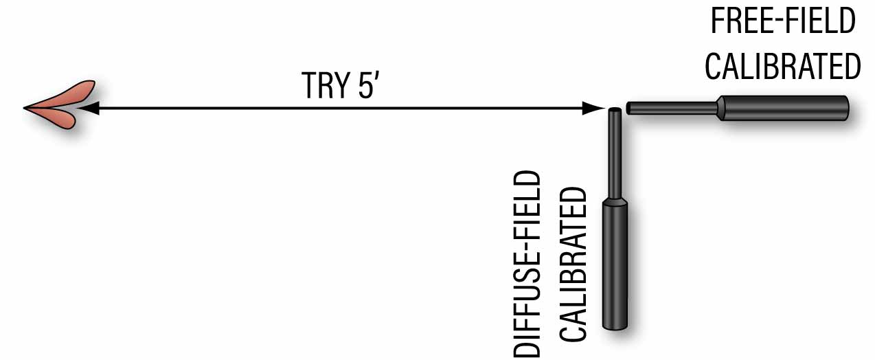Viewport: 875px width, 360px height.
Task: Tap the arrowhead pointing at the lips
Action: pyautogui.click(x=89, y=108)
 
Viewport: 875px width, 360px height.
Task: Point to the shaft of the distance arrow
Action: pyautogui.click(x=343, y=108)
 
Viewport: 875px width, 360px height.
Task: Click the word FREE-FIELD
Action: pyautogui.click(x=782, y=23)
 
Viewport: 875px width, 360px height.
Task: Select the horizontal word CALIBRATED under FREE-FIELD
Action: pyautogui.click(x=782, y=67)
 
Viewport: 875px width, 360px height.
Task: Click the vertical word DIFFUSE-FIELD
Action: pyautogui.click(x=527, y=265)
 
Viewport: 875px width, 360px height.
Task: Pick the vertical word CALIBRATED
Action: pyautogui.click(x=572, y=265)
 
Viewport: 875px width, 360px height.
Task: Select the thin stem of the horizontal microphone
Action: pyautogui.click(x=673, y=108)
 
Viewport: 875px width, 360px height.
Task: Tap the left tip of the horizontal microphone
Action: pyautogui.click(x=630, y=108)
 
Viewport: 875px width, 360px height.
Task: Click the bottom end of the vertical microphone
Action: pyautogui.click(x=616, y=326)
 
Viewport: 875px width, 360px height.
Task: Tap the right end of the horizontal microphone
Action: pyautogui.click(x=846, y=109)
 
